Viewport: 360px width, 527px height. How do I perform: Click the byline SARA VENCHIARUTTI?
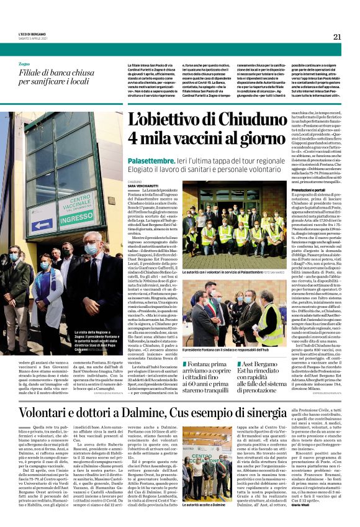(146, 186)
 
